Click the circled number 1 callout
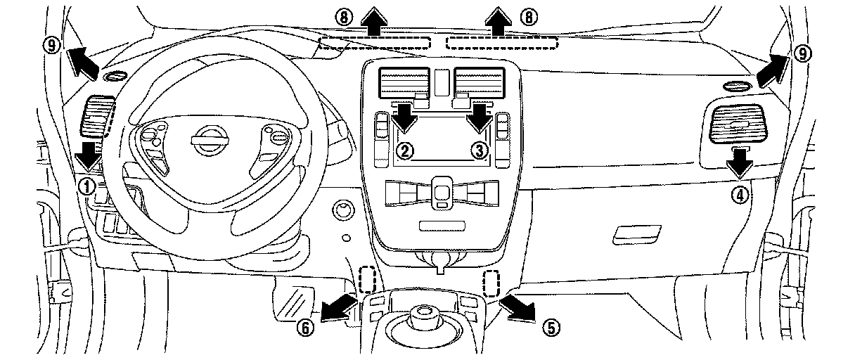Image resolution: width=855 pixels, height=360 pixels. point(86,186)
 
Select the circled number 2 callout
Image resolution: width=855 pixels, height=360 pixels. point(404,149)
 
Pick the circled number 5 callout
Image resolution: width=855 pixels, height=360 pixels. point(552,326)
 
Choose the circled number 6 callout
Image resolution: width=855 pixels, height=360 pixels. point(304,328)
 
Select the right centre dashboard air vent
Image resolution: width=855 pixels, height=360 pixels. point(479,81)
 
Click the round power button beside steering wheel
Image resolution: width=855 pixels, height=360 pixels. point(344,209)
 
